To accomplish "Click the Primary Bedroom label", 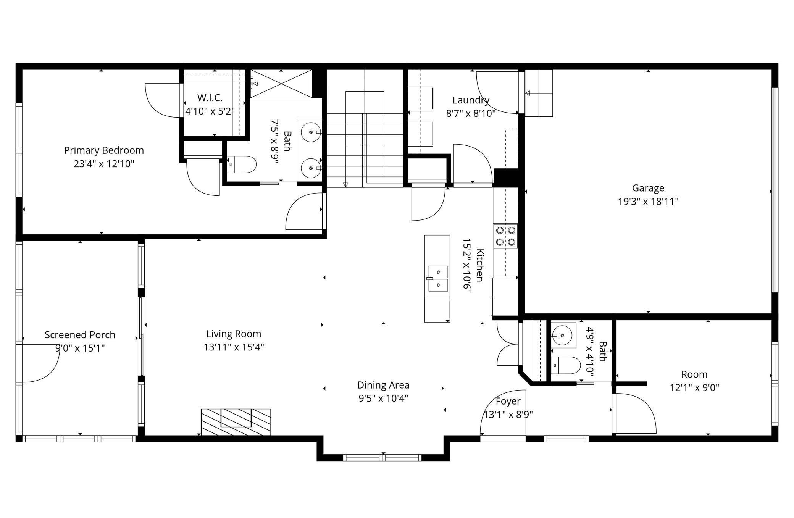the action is (x=104, y=150).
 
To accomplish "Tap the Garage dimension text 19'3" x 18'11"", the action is (x=648, y=201).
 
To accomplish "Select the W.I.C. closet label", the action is (x=210, y=98).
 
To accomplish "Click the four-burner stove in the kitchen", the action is (x=505, y=236).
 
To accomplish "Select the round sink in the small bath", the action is (x=564, y=335).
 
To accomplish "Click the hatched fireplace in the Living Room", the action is (x=236, y=422).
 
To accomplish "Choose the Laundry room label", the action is (x=471, y=100).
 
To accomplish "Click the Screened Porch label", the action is (x=80, y=335).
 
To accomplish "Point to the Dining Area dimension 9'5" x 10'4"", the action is (x=383, y=398).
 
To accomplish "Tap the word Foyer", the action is (x=508, y=401).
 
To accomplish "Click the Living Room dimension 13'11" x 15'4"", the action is (x=234, y=347).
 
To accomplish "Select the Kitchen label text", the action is (x=480, y=265).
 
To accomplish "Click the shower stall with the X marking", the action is (x=281, y=84).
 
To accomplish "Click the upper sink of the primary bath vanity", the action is (x=311, y=132).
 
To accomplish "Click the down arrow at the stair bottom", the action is (x=346, y=185).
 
